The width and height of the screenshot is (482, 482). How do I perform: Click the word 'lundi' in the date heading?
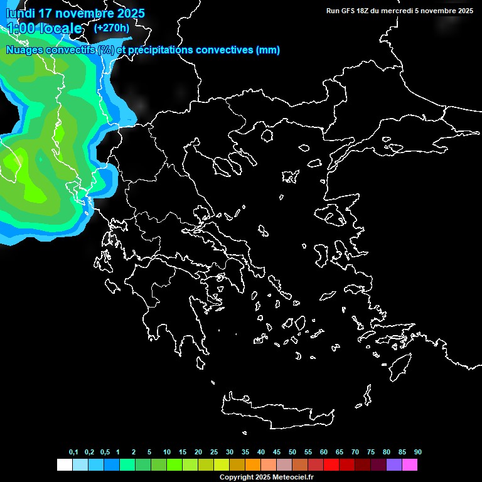click(x=21, y=13)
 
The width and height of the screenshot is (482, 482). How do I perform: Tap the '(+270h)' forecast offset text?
click(x=112, y=28)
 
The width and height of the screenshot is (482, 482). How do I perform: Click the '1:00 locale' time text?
click(x=45, y=28)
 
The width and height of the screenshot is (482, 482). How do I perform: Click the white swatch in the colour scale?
click(x=64, y=465)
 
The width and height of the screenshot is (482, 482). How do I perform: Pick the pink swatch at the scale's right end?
click(x=409, y=465)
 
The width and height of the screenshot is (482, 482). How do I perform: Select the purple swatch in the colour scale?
click(x=394, y=465)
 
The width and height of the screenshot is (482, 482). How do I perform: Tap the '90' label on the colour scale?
click(x=417, y=453)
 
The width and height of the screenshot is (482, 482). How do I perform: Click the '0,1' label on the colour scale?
click(x=73, y=453)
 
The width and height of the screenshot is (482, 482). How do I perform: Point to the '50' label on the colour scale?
click(x=292, y=453)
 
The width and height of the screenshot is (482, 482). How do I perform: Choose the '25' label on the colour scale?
click(x=214, y=453)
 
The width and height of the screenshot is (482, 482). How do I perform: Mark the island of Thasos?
click(x=267, y=136)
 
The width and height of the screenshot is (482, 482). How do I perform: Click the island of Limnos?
click(x=289, y=176)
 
